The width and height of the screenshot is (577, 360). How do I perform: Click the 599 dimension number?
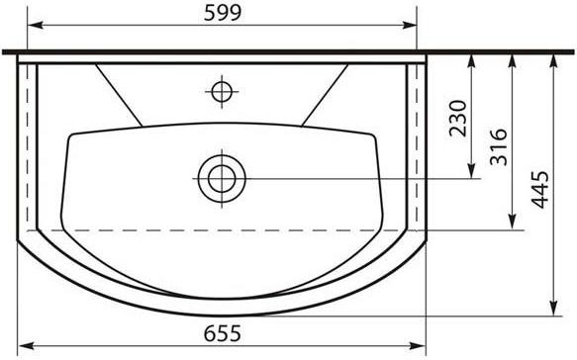pyautogui.click(x=223, y=13)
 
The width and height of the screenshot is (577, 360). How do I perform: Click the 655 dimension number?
pyautogui.click(x=223, y=333)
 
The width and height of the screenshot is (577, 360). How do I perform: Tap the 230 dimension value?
pyautogui.click(x=458, y=119)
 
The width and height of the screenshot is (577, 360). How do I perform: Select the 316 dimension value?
pyautogui.click(x=499, y=147)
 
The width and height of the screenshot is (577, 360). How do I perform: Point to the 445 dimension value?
pyautogui.click(x=539, y=190)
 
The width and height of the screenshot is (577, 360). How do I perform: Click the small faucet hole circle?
pyautogui.click(x=222, y=92)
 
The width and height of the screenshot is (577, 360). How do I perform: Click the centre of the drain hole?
pyautogui.click(x=222, y=179)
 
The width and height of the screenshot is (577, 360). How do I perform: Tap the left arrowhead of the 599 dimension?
pyautogui.click(x=36, y=25)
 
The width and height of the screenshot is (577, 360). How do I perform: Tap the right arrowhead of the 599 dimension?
pyautogui.click(x=409, y=25)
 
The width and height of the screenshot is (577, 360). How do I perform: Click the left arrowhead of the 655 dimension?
pyautogui.click(x=26, y=346)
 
